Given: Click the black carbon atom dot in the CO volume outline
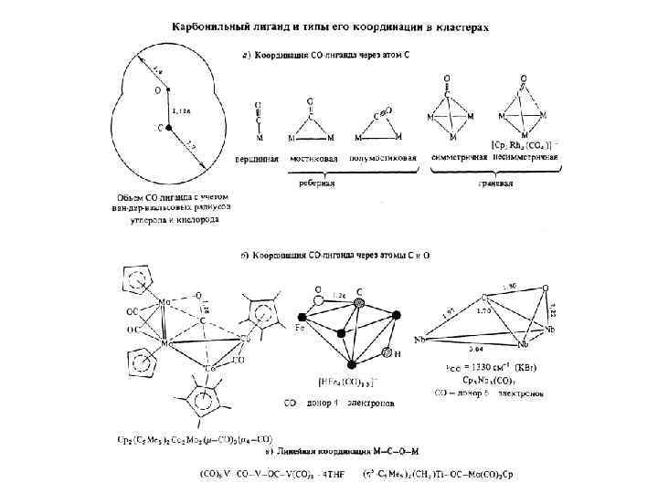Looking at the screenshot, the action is (x=167, y=129).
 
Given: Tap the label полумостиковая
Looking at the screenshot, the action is (x=386, y=159).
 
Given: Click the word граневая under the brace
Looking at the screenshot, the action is (x=497, y=182).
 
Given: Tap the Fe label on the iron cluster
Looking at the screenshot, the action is (x=300, y=326).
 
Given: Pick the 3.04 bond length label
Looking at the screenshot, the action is (x=475, y=350).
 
